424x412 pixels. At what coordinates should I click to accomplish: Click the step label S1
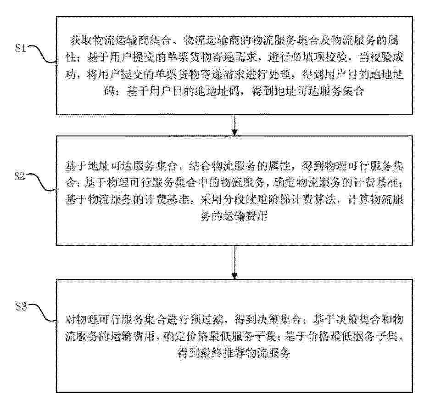point(21,48)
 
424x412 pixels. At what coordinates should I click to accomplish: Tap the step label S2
point(20,176)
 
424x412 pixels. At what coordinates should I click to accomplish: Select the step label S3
point(21,307)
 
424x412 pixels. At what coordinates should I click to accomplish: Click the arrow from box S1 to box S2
point(234,125)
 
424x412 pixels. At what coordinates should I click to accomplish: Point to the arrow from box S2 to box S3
point(234,262)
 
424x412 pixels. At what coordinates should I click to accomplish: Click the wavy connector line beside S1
point(42,54)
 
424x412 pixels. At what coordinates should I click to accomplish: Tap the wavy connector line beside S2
point(41,182)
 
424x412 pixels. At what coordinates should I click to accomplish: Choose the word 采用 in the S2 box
point(212,200)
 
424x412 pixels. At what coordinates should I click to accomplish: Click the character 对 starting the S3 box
point(71,319)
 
